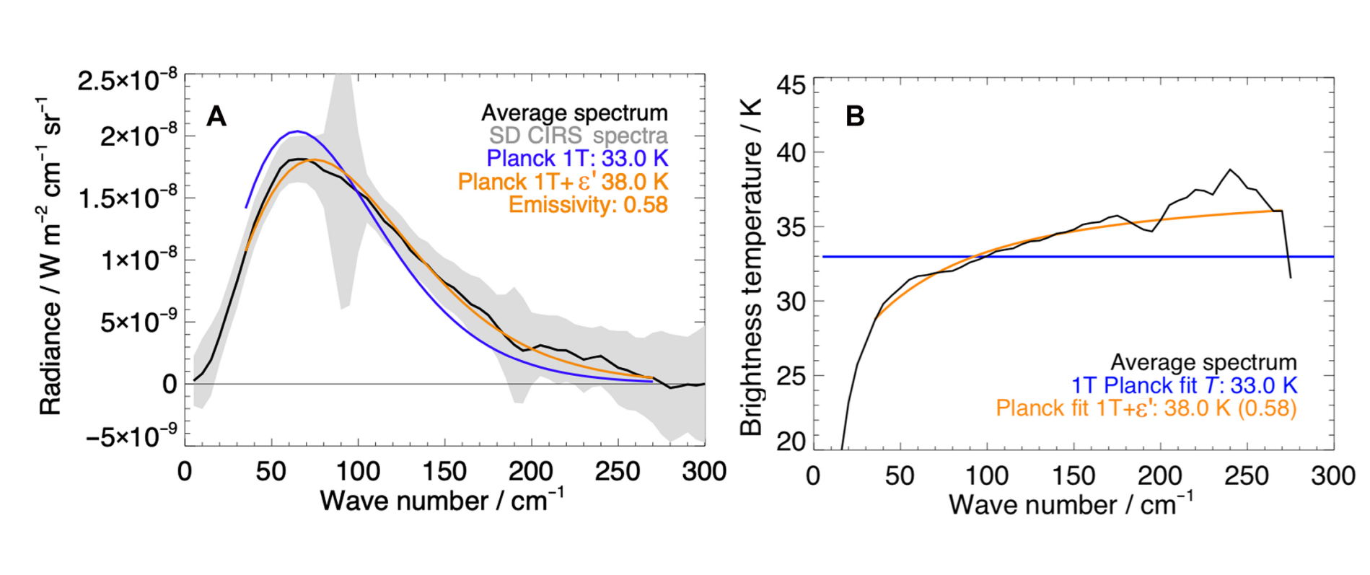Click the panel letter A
pos(216,116)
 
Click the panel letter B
pos(855,116)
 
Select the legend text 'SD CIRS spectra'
pos(578,136)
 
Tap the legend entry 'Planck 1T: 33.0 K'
pos(577,159)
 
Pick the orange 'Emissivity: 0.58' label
pos(588,205)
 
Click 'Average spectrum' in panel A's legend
pos(574,113)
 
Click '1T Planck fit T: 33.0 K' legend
pos(1184,385)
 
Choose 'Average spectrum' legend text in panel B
pos(1203,362)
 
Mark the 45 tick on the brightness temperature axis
pos(791,86)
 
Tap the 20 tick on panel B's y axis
pos(791,441)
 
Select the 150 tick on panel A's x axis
pos(444,471)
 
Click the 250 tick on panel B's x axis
pos(1247,475)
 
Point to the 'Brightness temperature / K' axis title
pos(751,289)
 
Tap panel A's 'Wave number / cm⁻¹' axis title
pos(442,500)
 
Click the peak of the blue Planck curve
pos(297,131)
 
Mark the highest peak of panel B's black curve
pos(1230,170)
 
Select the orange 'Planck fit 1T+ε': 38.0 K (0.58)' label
pos(1146,408)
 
